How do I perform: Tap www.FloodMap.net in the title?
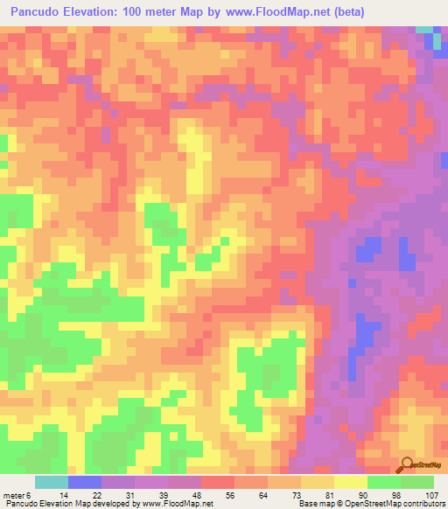(270, 11)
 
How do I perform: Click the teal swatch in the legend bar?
(51, 482)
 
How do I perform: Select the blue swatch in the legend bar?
(84, 482)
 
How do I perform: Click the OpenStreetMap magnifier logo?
(407, 464)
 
